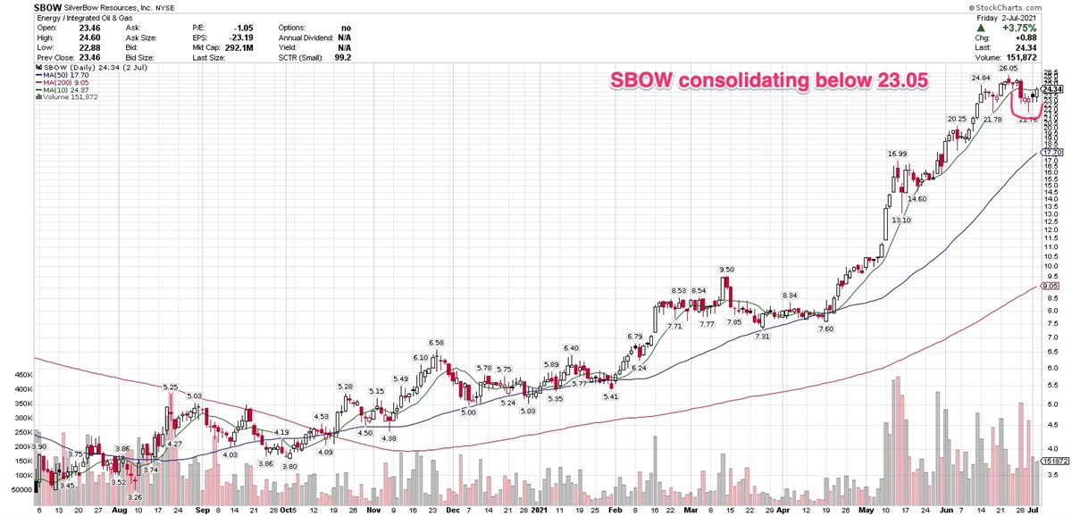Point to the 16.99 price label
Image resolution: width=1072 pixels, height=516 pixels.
coord(897,154)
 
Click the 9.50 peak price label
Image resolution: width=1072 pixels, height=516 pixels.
coord(727,269)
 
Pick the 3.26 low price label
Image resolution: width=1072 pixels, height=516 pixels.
coord(135,496)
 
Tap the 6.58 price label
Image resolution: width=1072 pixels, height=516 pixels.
coord(437,342)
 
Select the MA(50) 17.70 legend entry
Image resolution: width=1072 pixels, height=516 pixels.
coord(59,79)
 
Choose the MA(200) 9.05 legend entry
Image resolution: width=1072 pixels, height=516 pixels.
coord(59,87)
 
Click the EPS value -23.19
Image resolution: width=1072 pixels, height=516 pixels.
coord(217,39)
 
